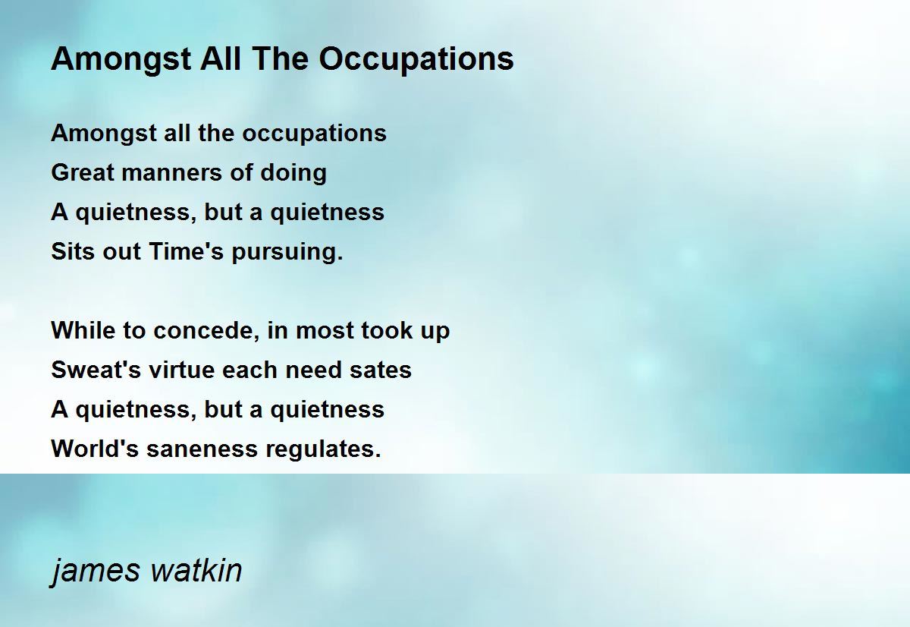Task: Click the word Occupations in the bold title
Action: [x=416, y=60]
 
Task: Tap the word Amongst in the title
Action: [x=121, y=60]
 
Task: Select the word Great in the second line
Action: [x=83, y=172]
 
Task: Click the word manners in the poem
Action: [x=172, y=172]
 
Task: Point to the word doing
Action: [x=293, y=173]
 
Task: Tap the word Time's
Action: [x=186, y=251]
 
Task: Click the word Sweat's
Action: [x=96, y=370]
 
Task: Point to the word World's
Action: [x=95, y=449]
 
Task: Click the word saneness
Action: [x=202, y=449]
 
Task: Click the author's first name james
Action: [x=96, y=571]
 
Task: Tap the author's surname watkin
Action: [x=196, y=570]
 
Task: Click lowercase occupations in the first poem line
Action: [x=315, y=134]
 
